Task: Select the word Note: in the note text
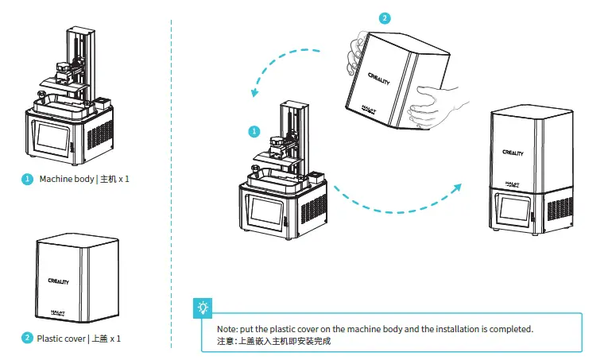tap(228, 329)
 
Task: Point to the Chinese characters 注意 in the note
tap(227, 341)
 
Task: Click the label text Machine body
tap(66, 179)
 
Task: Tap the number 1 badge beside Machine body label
tap(27, 179)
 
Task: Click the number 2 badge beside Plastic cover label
tap(27, 339)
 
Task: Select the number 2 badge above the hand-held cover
tap(385, 17)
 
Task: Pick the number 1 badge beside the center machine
tap(254, 130)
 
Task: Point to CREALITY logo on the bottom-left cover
tap(58, 281)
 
